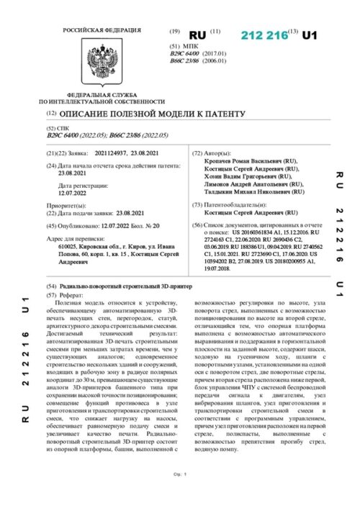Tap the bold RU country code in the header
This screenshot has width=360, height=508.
tap(197, 35)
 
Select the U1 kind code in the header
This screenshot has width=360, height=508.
tap(309, 35)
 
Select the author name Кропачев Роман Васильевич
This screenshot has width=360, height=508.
tap(246, 162)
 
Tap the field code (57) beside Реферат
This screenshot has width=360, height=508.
tap(50, 296)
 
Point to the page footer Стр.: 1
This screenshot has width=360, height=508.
tap(180, 494)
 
